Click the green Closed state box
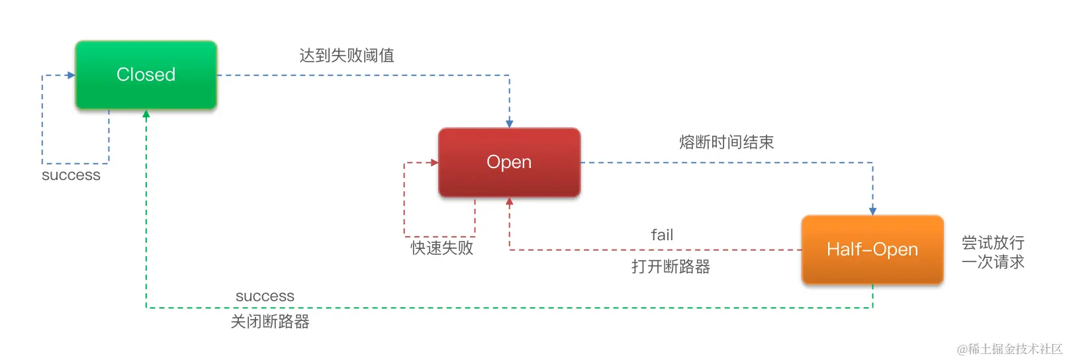click(146, 75)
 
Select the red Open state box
click(509, 162)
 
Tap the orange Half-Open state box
click(872, 249)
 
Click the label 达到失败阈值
click(347, 56)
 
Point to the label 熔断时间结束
click(726, 142)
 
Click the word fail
click(662, 235)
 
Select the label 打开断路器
click(671, 267)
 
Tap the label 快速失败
click(441, 248)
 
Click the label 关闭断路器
click(270, 322)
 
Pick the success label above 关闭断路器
click(265, 296)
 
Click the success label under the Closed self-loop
click(71, 175)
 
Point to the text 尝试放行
click(993, 243)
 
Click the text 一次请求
click(993, 262)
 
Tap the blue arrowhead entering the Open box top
click(510, 124)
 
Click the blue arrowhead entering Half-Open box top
click(872, 211)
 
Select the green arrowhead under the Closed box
click(146, 114)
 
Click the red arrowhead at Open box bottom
click(510, 201)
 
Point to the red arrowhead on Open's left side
click(434, 162)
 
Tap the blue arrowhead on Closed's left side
click(71, 75)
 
